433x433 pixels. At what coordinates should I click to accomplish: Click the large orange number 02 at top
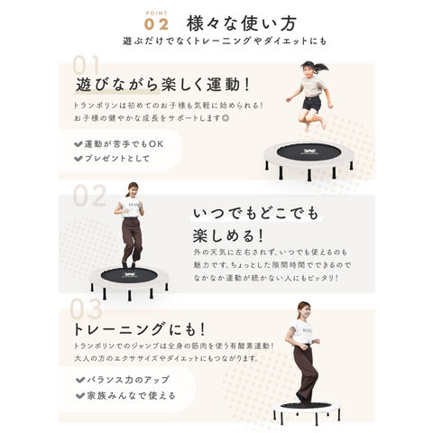pyautogui.click(x=156, y=24)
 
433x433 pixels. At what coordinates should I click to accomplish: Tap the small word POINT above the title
pyautogui.click(x=156, y=12)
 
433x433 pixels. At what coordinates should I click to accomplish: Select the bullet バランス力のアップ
pyautogui.click(x=124, y=380)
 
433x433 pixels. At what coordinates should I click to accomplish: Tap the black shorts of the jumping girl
pyautogui.click(x=312, y=103)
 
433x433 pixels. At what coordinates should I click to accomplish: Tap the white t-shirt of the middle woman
pyautogui.click(x=132, y=207)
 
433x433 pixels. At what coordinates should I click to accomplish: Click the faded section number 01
pyautogui.click(x=87, y=66)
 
